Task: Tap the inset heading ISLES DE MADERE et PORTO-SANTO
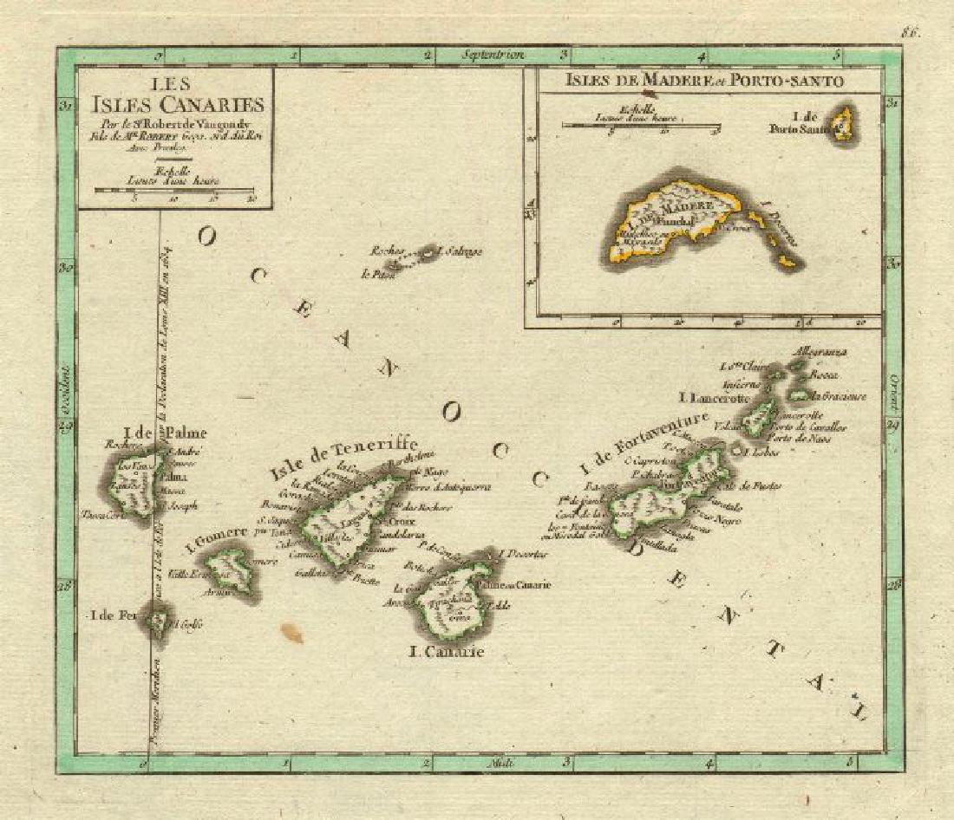tap(703, 82)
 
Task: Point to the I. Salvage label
tap(461, 252)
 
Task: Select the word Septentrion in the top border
tap(494, 55)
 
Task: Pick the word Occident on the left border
tap(68, 382)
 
